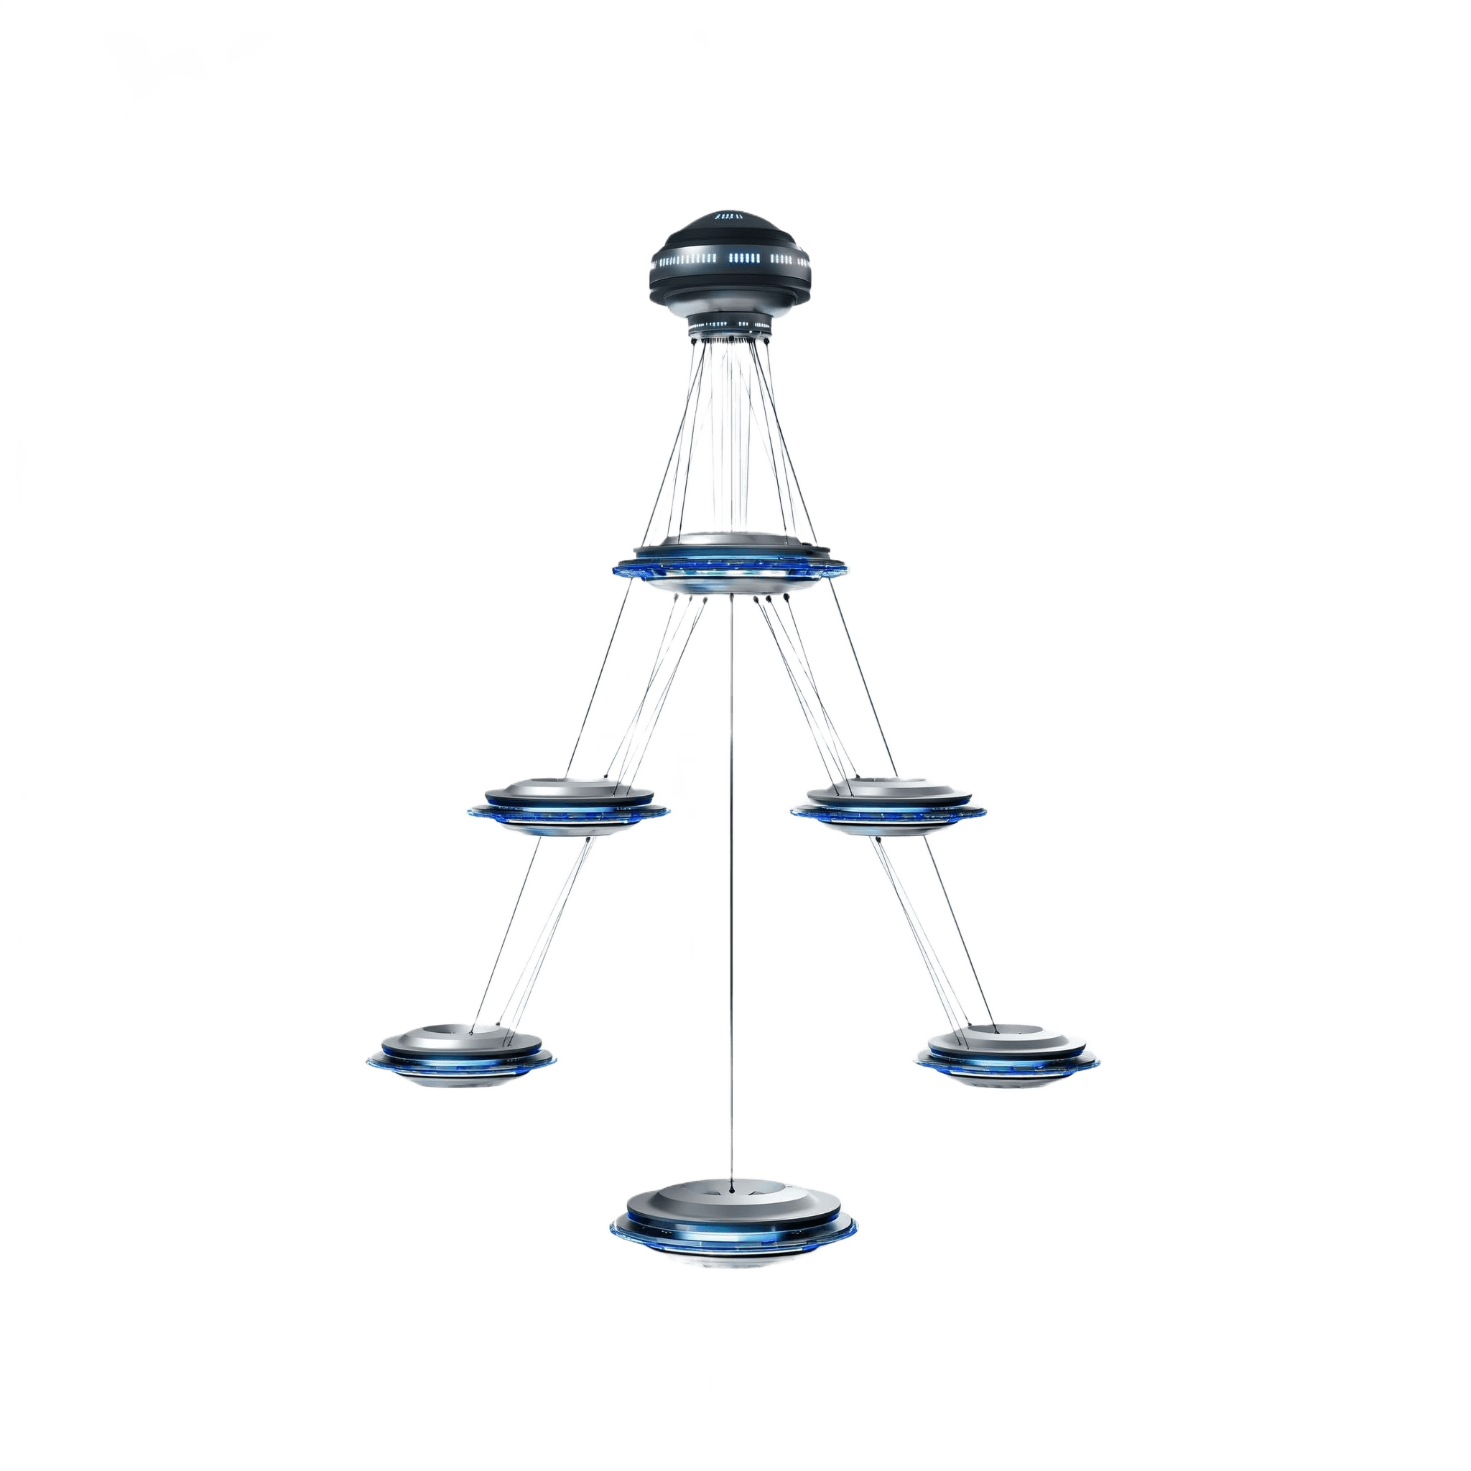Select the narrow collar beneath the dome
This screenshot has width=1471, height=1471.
[x=730, y=326]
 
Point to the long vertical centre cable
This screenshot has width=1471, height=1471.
[x=733, y=876]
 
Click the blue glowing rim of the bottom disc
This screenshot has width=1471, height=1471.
[x=735, y=1248]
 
